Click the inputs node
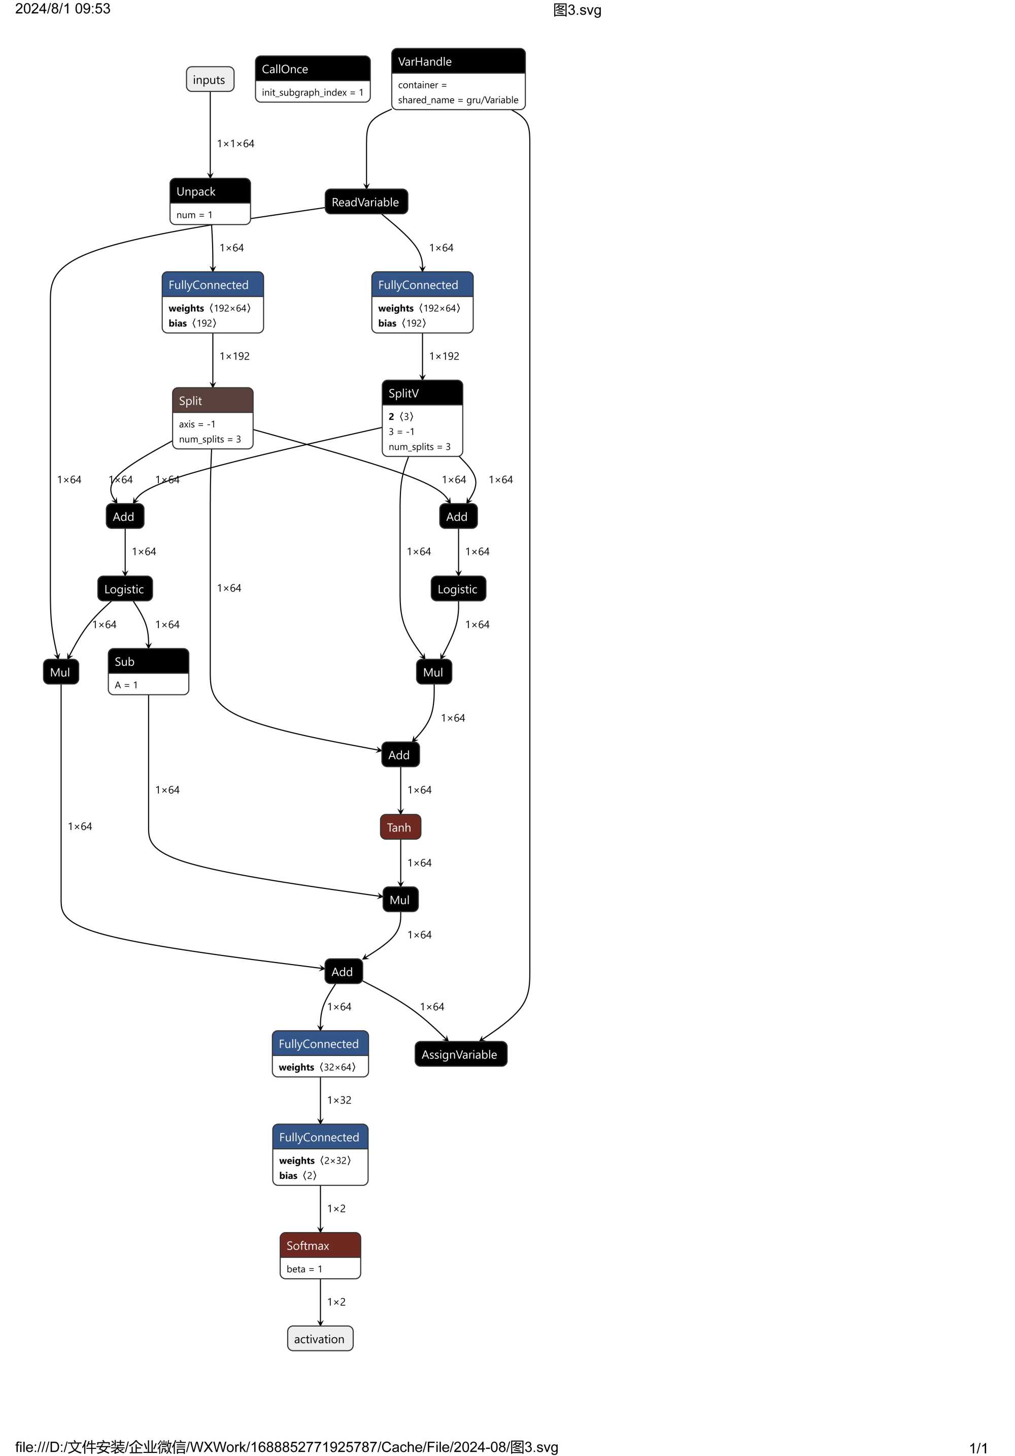(x=210, y=80)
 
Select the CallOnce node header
(x=313, y=69)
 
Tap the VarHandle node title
(x=458, y=61)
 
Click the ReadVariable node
(x=366, y=202)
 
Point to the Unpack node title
(x=210, y=191)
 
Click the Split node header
(x=212, y=401)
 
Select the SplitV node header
(x=422, y=393)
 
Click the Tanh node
(x=400, y=828)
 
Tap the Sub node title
(x=148, y=661)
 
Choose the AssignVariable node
(x=460, y=1054)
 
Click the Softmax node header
(x=320, y=1245)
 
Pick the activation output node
(x=320, y=1339)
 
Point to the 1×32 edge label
(x=339, y=1100)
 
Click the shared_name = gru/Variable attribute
(x=458, y=100)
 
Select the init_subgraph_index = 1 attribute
(x=313, y=92)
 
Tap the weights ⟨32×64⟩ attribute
(x=317, y=1067)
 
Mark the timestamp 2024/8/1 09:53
(x=63, y=9)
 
